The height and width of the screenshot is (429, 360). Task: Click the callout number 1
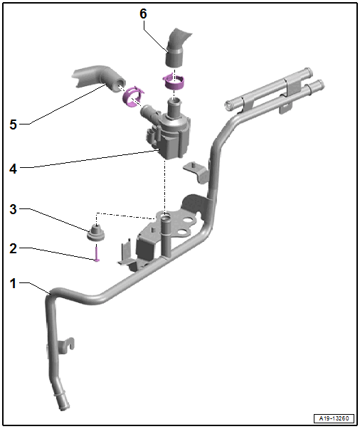pos(13,283)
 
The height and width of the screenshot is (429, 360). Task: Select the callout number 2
pos(13,248)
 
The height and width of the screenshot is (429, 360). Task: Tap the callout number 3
pos(13,209)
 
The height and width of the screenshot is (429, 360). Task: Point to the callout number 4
pos(13,169)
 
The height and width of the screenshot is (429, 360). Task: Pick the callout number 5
pos(13,125)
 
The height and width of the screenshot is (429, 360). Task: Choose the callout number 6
pos(143,14)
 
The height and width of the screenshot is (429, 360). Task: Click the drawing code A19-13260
pos(334,418)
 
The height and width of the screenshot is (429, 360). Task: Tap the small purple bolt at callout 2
pos(97,253)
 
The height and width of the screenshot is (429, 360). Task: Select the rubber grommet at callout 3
pos(96,233)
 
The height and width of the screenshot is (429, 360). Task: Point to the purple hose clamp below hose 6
pos(174,82)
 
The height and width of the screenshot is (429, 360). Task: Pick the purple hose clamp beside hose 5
pos(133,96)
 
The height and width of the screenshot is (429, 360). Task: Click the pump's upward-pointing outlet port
pos(174,107)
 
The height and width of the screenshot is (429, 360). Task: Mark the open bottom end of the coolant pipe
pos(63,406)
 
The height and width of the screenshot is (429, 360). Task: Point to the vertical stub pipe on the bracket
pos(165,235)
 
